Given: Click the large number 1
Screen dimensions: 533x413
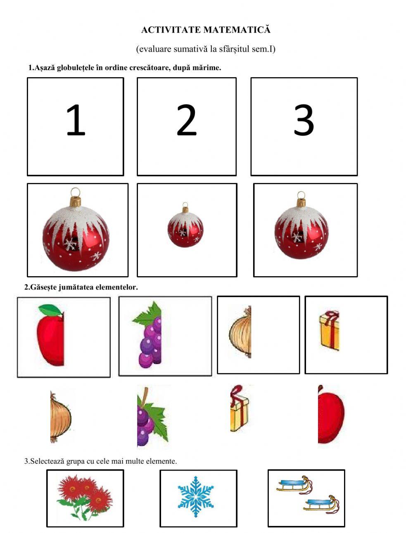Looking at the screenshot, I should point(76,120).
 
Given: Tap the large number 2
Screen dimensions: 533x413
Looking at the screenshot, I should point(186,120).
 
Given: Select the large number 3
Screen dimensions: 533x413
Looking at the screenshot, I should point(304,120).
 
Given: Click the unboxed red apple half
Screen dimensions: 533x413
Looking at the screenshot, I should point(331,415).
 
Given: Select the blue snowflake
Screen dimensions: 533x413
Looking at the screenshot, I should point(195,498).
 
